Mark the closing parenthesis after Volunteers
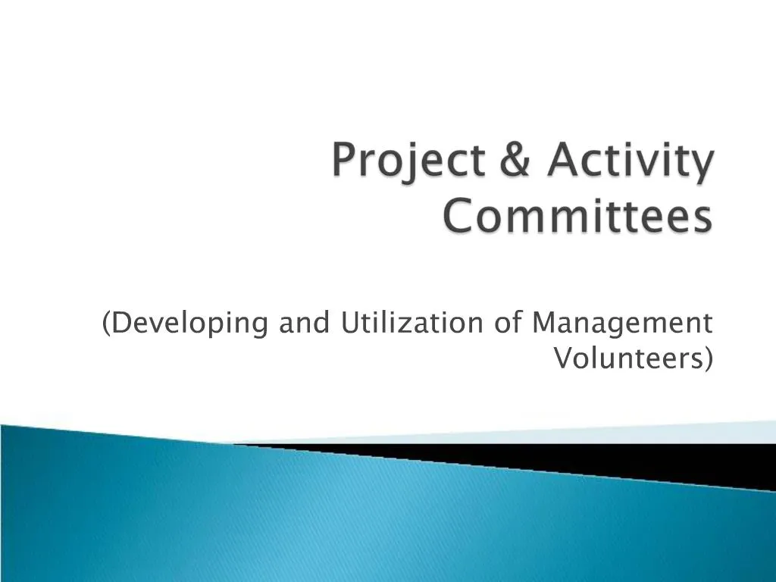pyautogui.click(x=709, y=358)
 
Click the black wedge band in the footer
pyautogui.click(x=606, y=459)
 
